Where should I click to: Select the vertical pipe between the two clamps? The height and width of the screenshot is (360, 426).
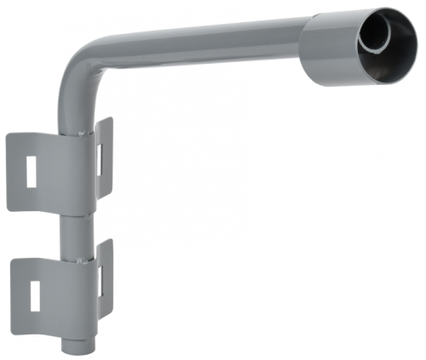(75, 225)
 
